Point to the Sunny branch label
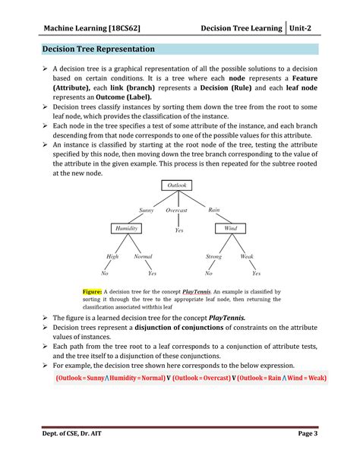pos(147,210)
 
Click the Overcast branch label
pos(177,210)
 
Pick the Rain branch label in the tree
pos(214,210)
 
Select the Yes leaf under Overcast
pos(179,230)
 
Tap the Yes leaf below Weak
pos(256,273)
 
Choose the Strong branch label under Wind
pos(213,257)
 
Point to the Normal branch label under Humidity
pos(143,257)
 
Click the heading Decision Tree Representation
pos(98,49)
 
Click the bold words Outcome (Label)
pos(120,97)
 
